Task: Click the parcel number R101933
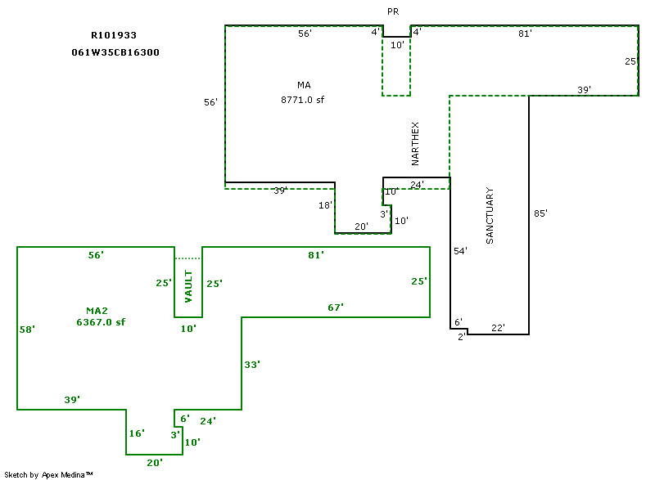pos(114,36)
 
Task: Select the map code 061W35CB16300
pos(115,52)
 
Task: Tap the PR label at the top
pos(393,11)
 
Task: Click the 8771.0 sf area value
pos(304,100)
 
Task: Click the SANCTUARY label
pos(490,216)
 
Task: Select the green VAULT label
pos(187,286)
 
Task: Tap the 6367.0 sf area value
pos(101,322)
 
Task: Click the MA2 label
pos(97,310)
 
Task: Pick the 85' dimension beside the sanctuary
pos(540,213)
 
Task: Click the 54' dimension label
pos(460,251)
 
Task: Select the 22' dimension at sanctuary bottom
pos(498,328)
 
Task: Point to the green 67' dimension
pos(336,307)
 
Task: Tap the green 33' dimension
pos(252,364)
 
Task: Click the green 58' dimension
pos(27,330)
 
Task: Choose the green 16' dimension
pos(137,433)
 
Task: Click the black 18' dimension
pos(325,206)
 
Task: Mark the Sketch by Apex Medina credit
pos(49,474)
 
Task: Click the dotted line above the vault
pos(187,258)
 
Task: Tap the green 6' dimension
pos(185,419)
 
